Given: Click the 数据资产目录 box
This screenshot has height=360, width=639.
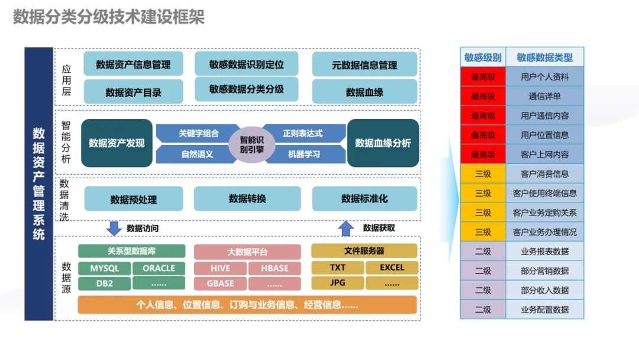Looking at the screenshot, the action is (x=133, y=92).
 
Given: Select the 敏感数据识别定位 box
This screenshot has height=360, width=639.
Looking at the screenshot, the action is (x=246, y=63).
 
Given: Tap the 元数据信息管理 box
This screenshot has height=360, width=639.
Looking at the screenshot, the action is (x=364, y=64).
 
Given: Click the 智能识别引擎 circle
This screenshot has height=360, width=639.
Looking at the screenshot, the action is (x=251, y=144).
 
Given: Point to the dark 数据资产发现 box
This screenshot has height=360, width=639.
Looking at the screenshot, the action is (x=117, y=143).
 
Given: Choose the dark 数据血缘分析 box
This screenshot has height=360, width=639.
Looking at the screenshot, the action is (x=383, y=143).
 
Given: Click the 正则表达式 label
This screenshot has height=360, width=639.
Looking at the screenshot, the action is (x=302, y=133).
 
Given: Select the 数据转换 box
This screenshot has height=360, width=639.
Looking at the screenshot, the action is (x=247, y=198).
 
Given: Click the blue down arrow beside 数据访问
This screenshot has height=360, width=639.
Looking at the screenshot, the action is (x=114, y=229).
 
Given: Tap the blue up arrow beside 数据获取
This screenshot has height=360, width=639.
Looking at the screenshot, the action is (x=346, y=229).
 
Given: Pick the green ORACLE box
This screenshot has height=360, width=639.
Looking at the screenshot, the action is (x=159, y=268).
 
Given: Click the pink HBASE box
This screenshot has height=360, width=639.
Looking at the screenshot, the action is (x=275, y=268).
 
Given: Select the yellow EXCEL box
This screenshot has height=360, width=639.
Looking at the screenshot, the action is (x=392, y=268).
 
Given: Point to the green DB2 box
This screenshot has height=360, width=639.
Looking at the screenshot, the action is (x=104, y=284).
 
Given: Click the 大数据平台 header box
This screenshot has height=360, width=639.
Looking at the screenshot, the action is (x=247, y=252).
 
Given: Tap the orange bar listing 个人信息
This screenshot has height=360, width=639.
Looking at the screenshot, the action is (x=247, y=305).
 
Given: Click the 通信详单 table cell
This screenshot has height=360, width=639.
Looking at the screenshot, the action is (x=544, y=97).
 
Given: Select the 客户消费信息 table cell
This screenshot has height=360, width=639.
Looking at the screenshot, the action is (x=544, y=173).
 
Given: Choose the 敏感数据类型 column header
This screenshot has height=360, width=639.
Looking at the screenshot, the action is (x=544, y=57).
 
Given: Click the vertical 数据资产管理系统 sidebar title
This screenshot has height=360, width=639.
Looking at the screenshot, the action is (x=38, y=184).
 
